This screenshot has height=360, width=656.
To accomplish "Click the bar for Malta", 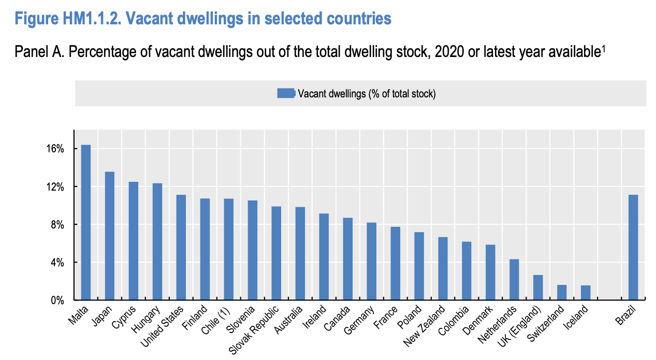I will pyautogui.click(x=86, y=223).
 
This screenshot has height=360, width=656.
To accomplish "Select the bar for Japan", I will pyautogui.click(x=110, y=236).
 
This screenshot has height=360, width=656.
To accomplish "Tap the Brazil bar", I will pyautogui.click(x=633, y=248).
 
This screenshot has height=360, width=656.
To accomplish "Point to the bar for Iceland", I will pyautogui.click(x=586, y=293).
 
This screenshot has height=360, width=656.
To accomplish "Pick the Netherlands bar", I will pyautogui.click(x=514, y=280).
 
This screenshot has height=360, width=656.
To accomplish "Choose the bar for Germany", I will pyautogui.click(x=371, y=262).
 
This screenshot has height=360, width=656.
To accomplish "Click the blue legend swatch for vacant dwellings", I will pyautogui.click(x=286, y=93).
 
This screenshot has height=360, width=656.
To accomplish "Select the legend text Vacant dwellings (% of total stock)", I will pyautogui.click(x=367, y=94).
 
